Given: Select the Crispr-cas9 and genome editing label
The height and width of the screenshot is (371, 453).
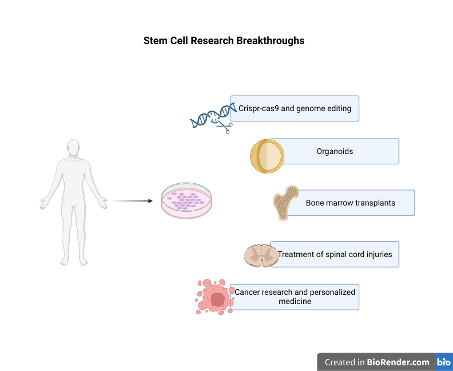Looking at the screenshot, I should coord(295,108).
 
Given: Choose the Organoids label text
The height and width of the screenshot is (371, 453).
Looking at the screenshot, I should coord(335,152).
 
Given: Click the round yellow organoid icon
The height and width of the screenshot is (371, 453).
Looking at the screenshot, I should coord(267,156).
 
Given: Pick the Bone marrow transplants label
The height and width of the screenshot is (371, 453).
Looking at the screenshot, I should coord(351,203).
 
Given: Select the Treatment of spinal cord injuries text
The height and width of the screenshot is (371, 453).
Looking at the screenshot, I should coord(335,254).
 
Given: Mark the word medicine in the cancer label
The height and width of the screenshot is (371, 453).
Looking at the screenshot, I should coord(295,302).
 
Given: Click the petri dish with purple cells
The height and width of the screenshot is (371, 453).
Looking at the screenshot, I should coord(186,201).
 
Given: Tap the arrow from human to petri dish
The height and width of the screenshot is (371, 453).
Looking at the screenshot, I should coord(132,201).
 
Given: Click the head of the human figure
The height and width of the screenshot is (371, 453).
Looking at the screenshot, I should coord(73,147).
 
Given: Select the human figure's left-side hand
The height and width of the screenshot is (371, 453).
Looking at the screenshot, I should coord(44,201).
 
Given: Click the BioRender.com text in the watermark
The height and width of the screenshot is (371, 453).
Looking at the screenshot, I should coord(398,362).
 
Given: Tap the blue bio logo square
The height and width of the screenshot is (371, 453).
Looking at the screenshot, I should coord(444,362).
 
